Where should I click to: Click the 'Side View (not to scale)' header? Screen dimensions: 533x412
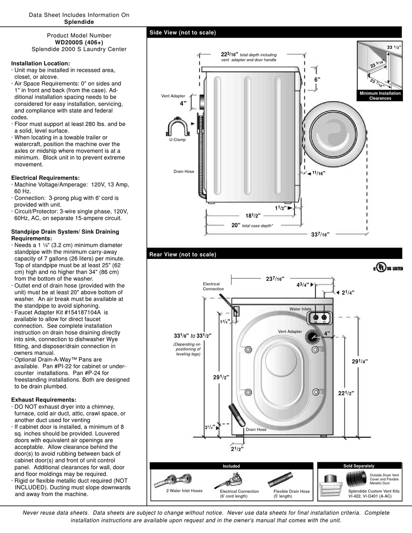pyautogui.click(x=183, y=33)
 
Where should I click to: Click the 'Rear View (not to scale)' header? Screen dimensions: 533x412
pyautogui.click(x=183, y=255)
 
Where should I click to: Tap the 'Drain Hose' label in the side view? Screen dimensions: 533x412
pyautogui.click(x=184, y=172)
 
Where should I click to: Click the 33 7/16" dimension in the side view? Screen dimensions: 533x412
pyautogui.click(x=320, y=235)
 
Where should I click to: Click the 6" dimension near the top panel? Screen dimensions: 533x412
pyautogui.click(x=317, y=80)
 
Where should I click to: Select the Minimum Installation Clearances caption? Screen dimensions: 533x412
pyautogui.click(x=380, y=96)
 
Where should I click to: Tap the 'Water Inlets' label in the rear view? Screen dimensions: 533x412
pyautogui.click(x=300, y=309)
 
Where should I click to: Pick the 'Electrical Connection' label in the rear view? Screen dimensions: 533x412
pyautogui.click(x=213, y=287)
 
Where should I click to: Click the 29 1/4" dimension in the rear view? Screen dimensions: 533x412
pyautogui.click(x=359, y=361)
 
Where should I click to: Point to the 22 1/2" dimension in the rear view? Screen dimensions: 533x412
pyautogui.click(x=346, y=393)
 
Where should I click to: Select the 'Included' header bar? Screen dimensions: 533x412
pyautogui.click(x=231, y=466)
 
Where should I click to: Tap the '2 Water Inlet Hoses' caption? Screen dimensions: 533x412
pyautogui.click(x=184, y=491)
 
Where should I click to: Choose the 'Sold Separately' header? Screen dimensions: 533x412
pyautogui.click(x=359, y=466)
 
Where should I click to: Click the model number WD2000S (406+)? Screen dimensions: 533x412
pyautogui.click(x=79, y=43)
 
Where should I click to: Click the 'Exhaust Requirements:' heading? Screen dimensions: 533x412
pyautogui.click(x=43, y=400)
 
